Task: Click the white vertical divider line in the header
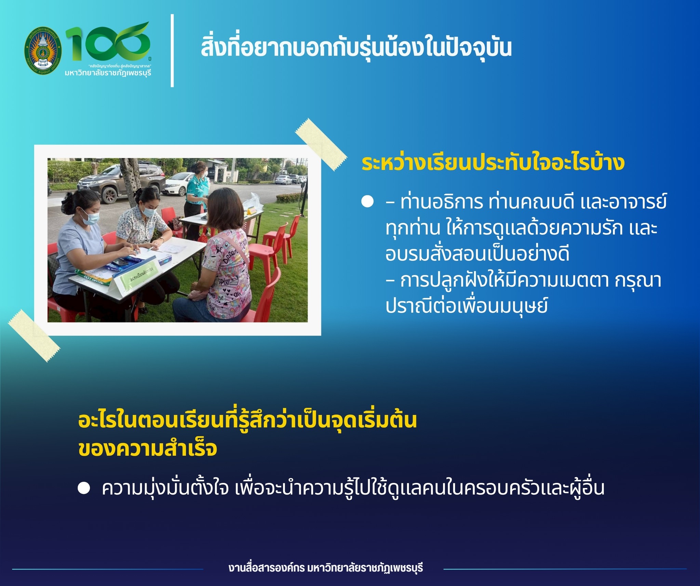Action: point(172,51)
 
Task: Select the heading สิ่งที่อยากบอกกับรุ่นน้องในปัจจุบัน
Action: point(356,48)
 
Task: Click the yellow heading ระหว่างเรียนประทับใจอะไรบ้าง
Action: point(493,163)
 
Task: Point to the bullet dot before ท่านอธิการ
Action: point(367,202)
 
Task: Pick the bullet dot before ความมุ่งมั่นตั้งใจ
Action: point(84,488)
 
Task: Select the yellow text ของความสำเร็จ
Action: point(148,449)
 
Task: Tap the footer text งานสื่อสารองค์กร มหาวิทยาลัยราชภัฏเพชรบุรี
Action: point(326,568)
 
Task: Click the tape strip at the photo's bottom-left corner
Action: point(34,335)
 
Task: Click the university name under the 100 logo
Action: point(108,73)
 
